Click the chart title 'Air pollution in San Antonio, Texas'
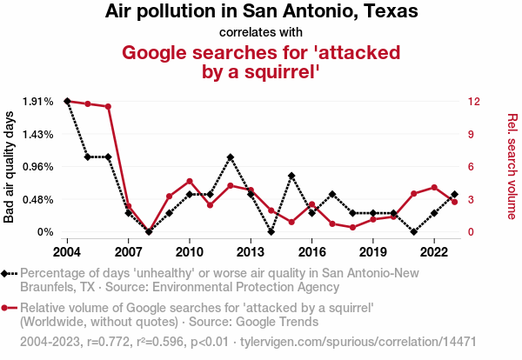261,12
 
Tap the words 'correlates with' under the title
261,33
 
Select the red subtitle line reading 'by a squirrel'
261,72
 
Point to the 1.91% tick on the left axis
38,102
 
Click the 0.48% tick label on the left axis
38,199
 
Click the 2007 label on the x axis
128,251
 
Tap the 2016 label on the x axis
312,251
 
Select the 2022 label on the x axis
434,251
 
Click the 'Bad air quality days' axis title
10,167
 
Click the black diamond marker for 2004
67,102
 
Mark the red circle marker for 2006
108,107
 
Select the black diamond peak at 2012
231,157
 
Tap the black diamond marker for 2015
291,176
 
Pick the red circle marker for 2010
190,181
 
